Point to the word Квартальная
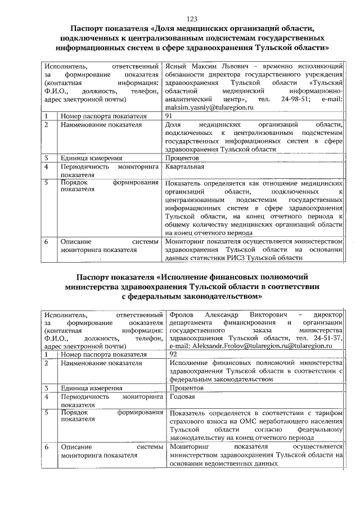click(x=185, y=167)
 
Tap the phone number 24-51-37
click(x=330, y=339)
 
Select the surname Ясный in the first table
click(x=175, y=66)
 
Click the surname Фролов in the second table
click(x=181, y=314)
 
